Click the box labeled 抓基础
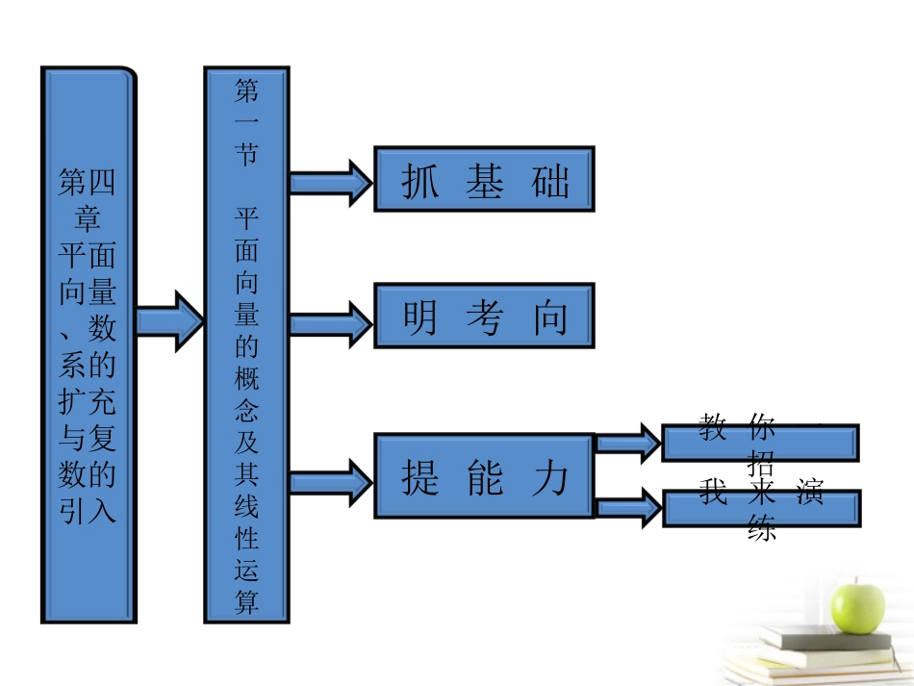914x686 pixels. coord(484,179)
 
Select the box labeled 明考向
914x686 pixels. coord(484,315)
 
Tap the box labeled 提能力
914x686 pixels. coord(484,476)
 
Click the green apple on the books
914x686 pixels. coord(858,602)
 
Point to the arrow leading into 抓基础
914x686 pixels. coord(330,181)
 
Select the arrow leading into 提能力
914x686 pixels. coord(330,478)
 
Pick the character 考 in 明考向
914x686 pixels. coord(484,318)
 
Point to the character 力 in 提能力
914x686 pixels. coord(550,477)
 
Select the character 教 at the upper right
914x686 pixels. coord(713,426)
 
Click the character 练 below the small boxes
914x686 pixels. coord(762,528)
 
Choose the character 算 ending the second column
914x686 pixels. coord(246,602)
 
